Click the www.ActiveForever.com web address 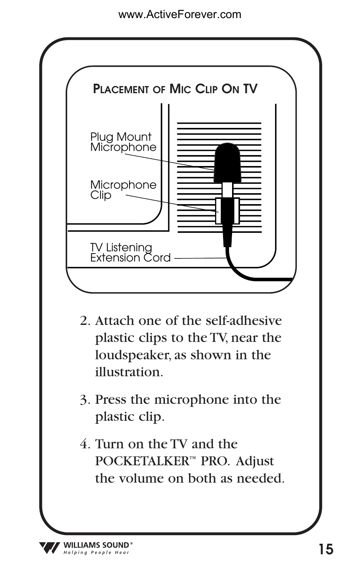pyautogui.click(x=180, y=15)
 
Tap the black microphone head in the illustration pyautogui.click(x=227, y=162)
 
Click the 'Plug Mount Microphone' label pyautogui.click(x=123, y=142)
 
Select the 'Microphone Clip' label pyautogui.click(x=123, y=190)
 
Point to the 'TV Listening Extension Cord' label pyautogui.click(x=130, y=252)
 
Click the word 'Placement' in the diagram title pyautogui.click(x=121, y=89)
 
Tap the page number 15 pyautogui.click(x=326, y=549)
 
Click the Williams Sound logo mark pyautogui.click(x=49, y=548)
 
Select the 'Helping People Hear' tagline pyautogui.click(x=96, y=553)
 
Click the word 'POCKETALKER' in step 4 pyautogui.click(x=142, y=461)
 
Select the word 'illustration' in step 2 pyautogui.click(x=128, y=372)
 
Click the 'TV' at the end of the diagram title pyautogui.click(x=250, y=89)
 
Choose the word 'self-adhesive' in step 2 pyautogui.click(x=243, y=321)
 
